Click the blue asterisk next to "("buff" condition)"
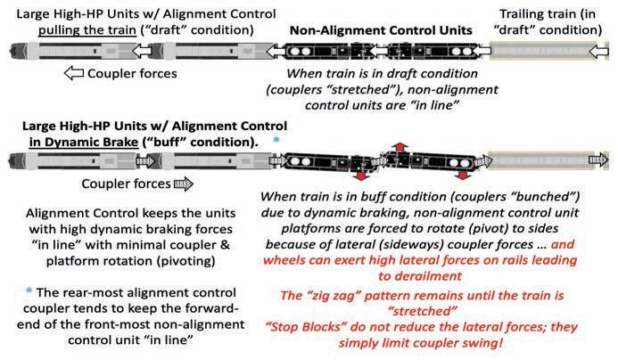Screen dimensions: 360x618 coord(276,141)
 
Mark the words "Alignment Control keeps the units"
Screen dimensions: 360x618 coord(120,214)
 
